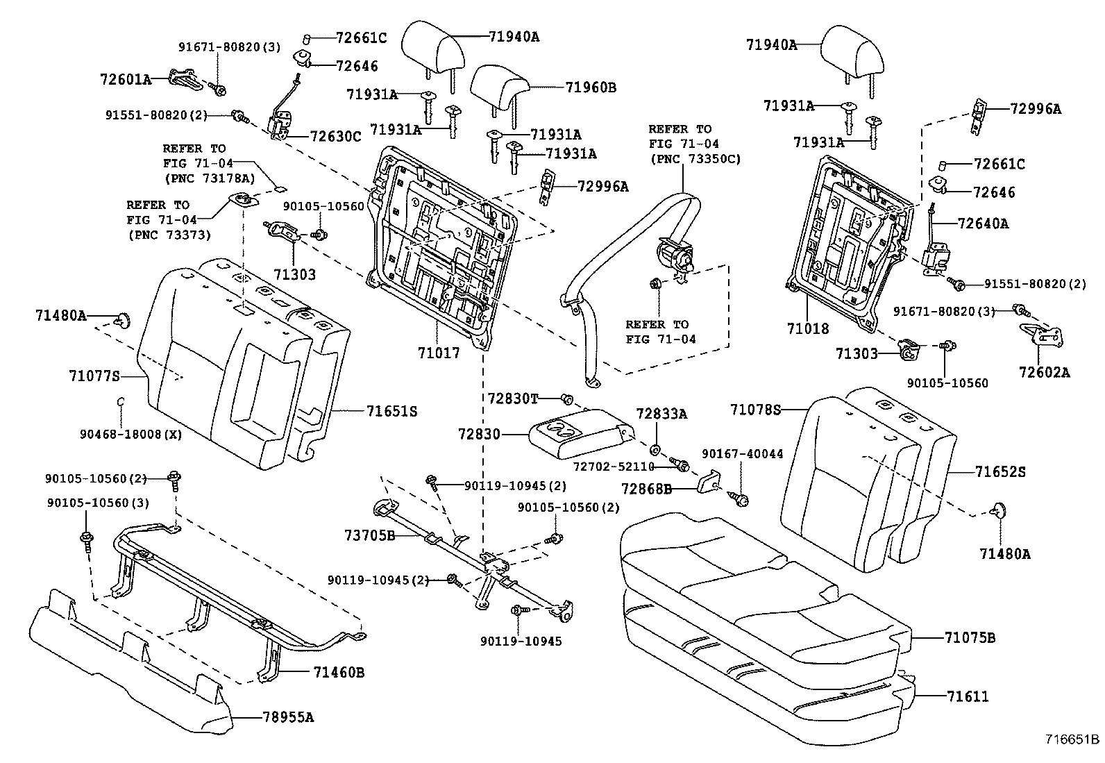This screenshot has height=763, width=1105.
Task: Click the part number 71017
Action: pyautogui.click(x=439, y=353)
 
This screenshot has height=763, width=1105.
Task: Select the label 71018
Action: pyautogui.click(x=808, y=328)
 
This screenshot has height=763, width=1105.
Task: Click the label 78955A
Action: pyautogui.click(x=288, y=717)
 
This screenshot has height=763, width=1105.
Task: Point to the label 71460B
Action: pyautogui.click(x=339, y=672)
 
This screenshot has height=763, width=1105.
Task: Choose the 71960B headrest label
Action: pyautogui.click(x=591, y=87)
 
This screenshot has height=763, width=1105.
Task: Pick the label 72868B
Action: pyautogui.click(x=646, y=489)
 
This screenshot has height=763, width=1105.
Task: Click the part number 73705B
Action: pyautogui.click(x=370, y=535)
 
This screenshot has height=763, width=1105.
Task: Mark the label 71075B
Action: pyautogui.click(x=970, y=637)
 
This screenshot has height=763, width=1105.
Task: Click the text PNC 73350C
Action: pyautogui.click(x=695, y=159)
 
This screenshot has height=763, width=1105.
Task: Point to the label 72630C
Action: pyautogui.click(x=336, y=136)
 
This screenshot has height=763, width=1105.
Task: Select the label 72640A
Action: pyautogui.click(x=983, y=224)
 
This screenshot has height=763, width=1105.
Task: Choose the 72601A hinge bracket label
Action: pyautogui.click(x=125, y=79)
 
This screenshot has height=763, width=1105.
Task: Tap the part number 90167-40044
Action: pyautogui.click(x=743, y=453)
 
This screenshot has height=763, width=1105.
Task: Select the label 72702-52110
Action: pyautogui.click(x=614, y=467)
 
